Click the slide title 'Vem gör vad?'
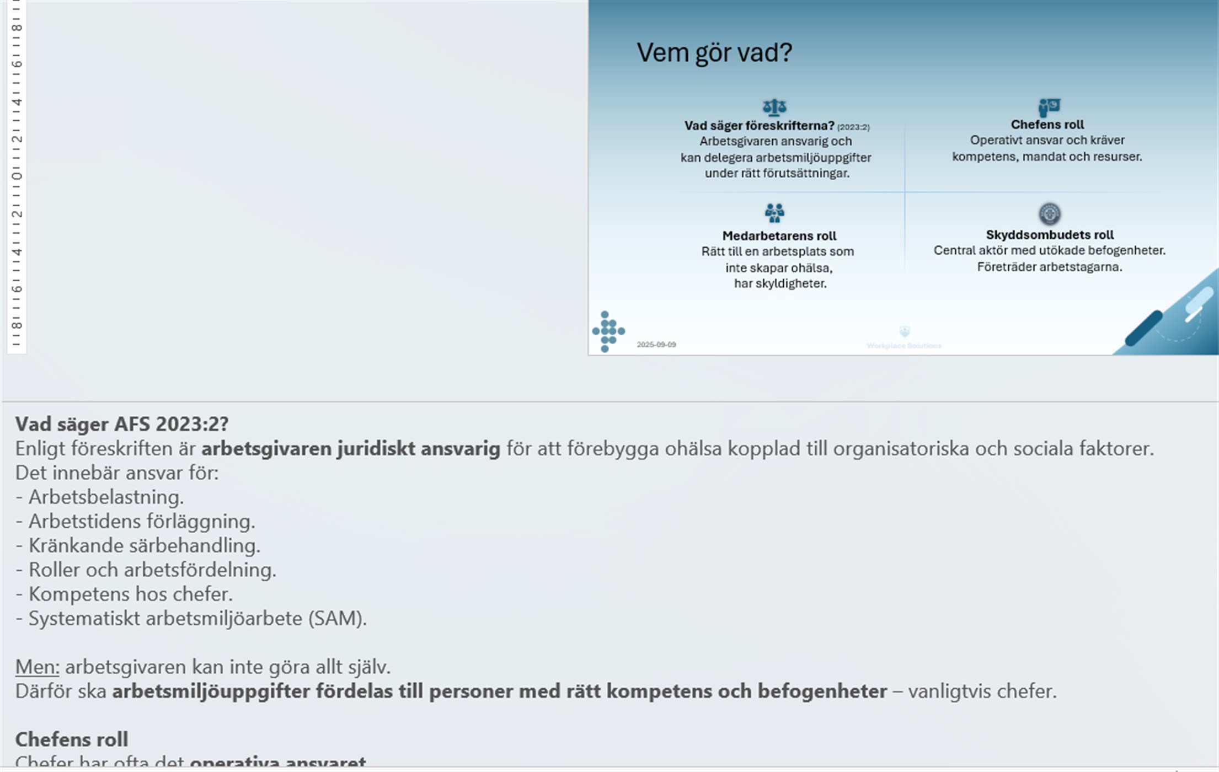tap(714, 53)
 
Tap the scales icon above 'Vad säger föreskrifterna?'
tap(774, 106)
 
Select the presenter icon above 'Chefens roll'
tap(1049, 106)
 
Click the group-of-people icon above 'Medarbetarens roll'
tap(774, 213)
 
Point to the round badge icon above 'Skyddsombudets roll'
tap(1049, 213)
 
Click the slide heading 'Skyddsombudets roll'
tap(1049, 235)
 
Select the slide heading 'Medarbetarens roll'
tap(779, 236)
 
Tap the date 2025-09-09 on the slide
tap(656, 345)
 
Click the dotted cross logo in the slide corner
tap(608, 331)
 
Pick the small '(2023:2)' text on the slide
tap(853, 127)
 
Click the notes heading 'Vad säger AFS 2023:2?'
tap(121, 424)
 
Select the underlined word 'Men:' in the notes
tap(37, 667)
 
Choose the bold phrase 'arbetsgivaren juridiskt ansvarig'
tap(350, 449)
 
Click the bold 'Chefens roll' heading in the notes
tap(71, 739)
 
